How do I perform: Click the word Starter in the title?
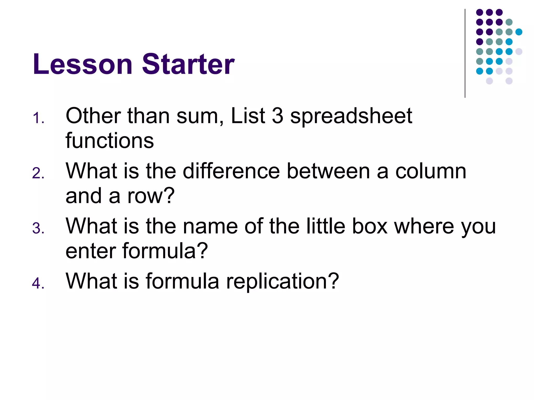pos(188,64)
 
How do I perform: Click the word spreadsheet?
pos(351,116)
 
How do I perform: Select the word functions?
pos(110,141)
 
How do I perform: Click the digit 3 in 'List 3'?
pos(277,116)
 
